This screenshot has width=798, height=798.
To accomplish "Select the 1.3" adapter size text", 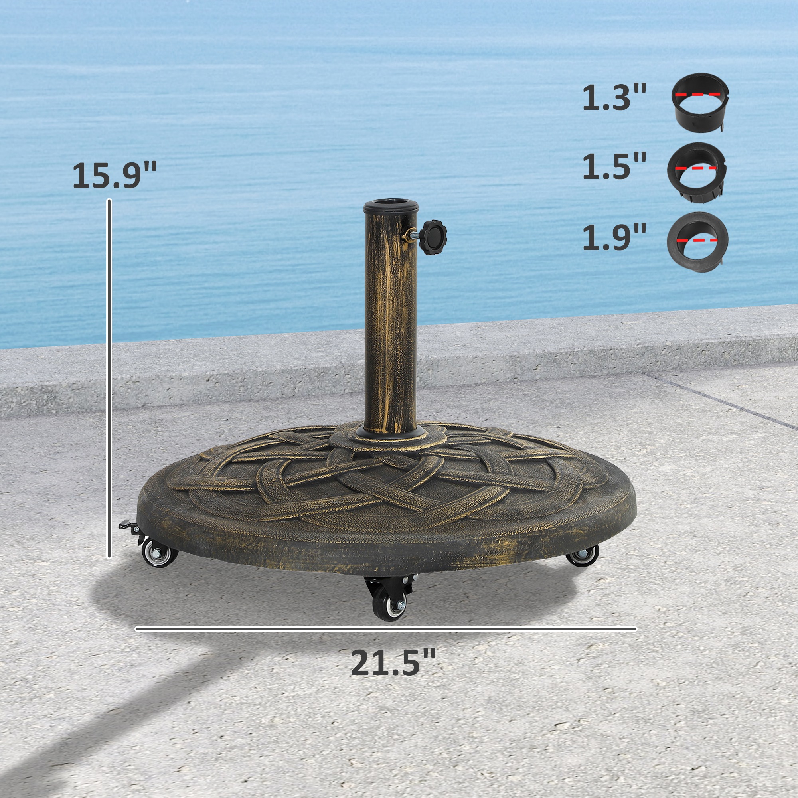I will point(614,97).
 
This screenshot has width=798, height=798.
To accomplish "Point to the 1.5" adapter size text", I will point(614,166).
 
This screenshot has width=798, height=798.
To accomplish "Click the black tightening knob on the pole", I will point(433,237).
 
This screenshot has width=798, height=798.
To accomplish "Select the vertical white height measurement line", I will point(109,378).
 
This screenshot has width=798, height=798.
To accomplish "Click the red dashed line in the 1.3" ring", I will point(699,94).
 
